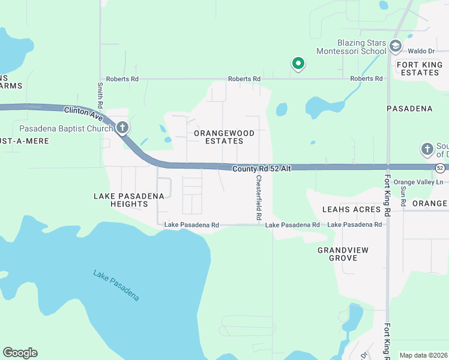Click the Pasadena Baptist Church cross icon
click(122, 127)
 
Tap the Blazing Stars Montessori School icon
click(395, 46)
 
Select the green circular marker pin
click(297, 63)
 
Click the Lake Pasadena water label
click(116, 285)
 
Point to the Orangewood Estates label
click(224, 137)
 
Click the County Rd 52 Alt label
click(262, 169)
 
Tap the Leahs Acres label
click(351, 209)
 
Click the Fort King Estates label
click(418, 68)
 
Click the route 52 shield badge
click(441, 167)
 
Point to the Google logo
click(20, 353)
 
